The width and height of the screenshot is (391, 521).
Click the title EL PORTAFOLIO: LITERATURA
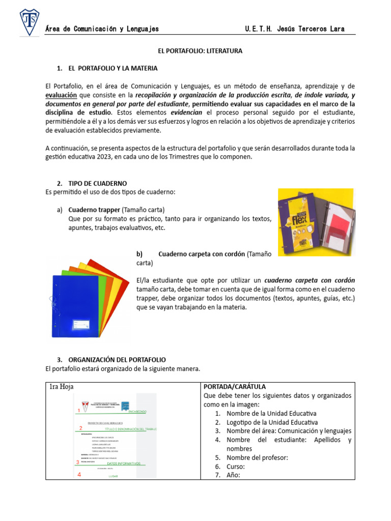coord(199,51)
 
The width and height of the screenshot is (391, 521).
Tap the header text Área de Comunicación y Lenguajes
coord(102,29)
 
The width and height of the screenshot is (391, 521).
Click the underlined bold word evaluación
coord(62,95)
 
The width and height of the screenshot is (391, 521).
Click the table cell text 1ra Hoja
coord(62,387)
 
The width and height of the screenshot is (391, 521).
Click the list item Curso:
coord(236,466)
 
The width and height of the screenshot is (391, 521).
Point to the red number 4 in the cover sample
coord(79,475)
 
